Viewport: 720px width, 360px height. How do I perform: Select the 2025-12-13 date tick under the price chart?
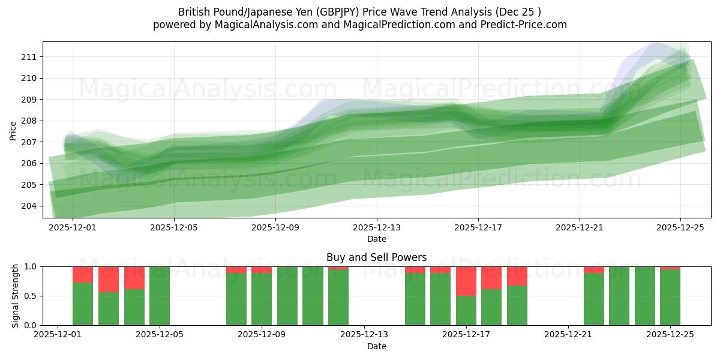(x=377, y=227)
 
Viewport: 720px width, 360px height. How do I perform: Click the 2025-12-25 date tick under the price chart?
(x=680, y=227)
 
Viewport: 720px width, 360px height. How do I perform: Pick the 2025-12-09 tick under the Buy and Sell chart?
(x=262, y=335)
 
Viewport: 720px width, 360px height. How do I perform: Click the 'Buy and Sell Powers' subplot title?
(x=376, y=257)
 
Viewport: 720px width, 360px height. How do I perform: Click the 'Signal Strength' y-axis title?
(x=16, y=296)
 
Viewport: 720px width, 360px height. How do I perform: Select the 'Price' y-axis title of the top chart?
(x=13, y=130)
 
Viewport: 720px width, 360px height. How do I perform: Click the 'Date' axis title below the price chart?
(x=376, y=239)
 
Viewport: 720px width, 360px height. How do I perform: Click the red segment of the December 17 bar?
(x=466, y=281)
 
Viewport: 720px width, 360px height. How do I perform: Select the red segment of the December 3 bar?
(x=109, y=279)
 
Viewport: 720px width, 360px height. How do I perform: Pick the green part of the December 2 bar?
(x=83, y=304)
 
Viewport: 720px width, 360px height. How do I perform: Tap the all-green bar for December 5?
(x=160, y=296)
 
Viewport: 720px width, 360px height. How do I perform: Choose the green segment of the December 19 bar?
(x=517, y=305)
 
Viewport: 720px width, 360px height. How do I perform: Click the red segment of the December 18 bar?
(x=491, y=278)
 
